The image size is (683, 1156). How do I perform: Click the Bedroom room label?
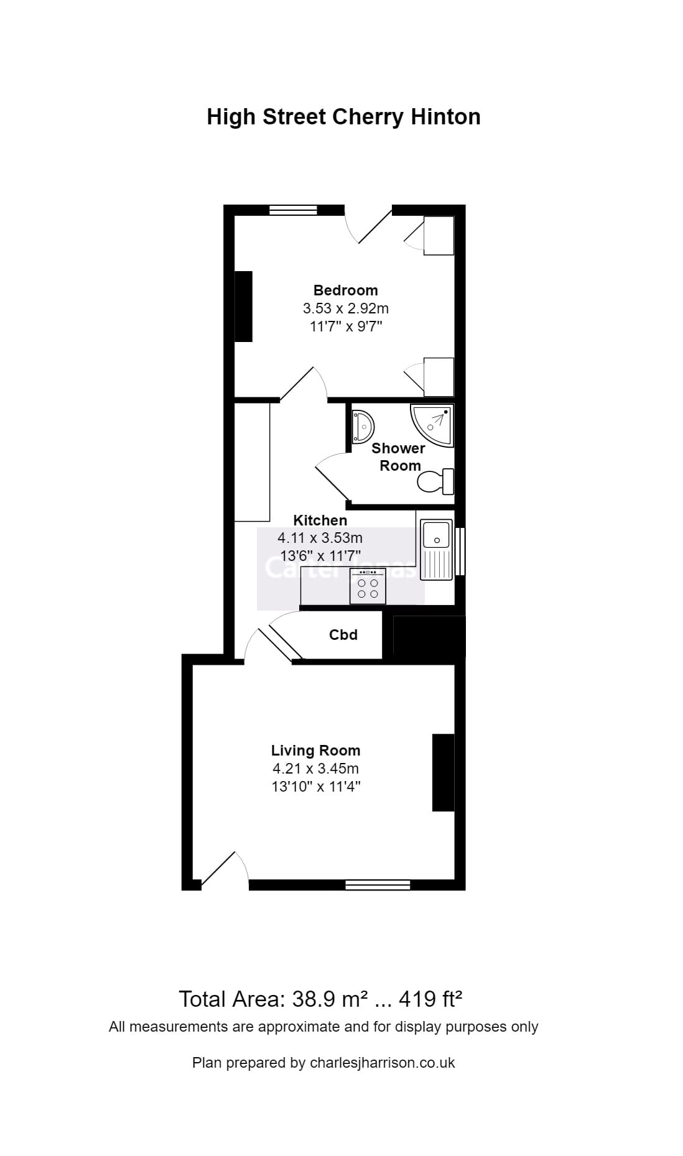[x=345, y=290]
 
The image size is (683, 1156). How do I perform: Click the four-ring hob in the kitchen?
[x=368, y=586]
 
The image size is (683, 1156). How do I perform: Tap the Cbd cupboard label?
[x=343, y=635]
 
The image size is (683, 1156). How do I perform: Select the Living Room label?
[x=315, y=751]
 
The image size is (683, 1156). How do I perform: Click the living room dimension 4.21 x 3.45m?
[x=315, y=769]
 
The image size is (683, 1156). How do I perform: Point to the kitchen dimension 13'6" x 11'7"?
[x=320, y=555]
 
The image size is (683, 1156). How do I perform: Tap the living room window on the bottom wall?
[x=378, y=884]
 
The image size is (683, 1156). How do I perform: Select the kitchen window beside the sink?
[x=460, y=551]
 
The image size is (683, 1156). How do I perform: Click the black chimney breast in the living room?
[x=443, y=772]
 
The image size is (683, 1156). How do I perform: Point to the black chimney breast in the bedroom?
[x=243, y=306]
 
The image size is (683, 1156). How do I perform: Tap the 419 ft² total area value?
[x=430, y=999]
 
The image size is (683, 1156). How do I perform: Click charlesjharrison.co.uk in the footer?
[x=382, y=1063]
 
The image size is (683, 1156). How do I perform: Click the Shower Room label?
[x=398, y=456]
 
